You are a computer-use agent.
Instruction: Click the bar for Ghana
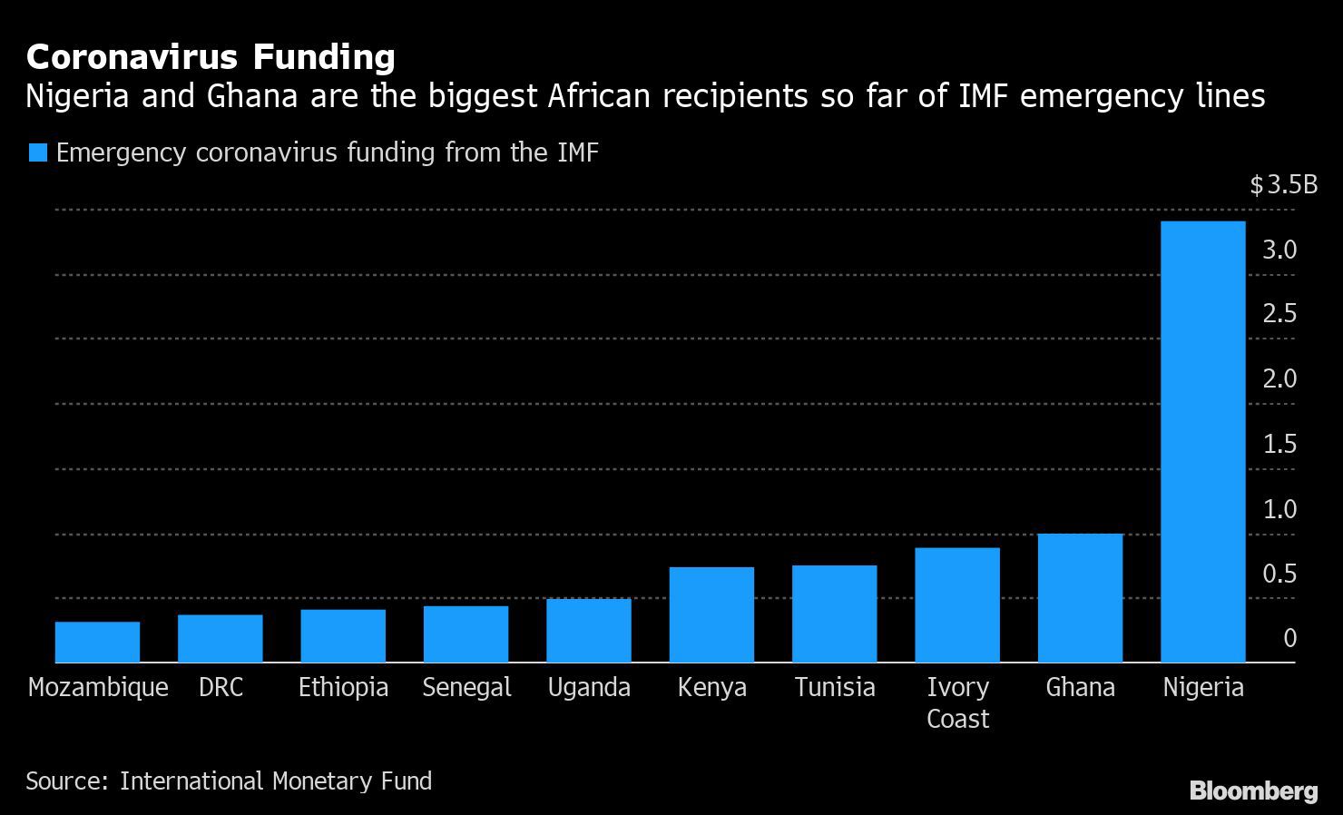pyautogui.click(x=1080, y=598)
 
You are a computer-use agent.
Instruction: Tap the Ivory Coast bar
pyautogui.click(x=957, y=605)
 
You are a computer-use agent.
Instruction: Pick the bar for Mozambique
pyautogui.click(x=97, y=643)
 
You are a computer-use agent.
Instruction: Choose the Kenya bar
pyautogui.click(x=711, y=614)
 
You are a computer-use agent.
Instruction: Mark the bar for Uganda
pyautogui.click(x=589, y=631)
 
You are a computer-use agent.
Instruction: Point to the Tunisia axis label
pyautogui.click(x=835, y=688)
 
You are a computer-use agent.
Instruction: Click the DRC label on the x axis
pyautogui.click(x=221, y=688)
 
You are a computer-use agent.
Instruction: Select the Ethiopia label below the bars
pyautogui.click(x=343, y=688)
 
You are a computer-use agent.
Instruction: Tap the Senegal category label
pyautogui.click(x=466, y=688)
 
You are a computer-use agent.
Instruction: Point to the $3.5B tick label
pyautogui.click(x=1283, y=185)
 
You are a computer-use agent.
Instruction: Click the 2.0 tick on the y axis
pyautogui.click(x=1279, y=378)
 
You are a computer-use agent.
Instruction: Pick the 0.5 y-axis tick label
pyautogui.click(x=1279, y=574)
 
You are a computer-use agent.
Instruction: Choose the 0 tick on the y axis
pyautogui.click(x=1289, y=638)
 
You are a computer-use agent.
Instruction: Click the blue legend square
pyautogui.click(x=37, y=152)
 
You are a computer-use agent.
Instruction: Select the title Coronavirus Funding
pyautogui.click(x=211, y=57)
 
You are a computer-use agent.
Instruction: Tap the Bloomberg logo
pyautogui.click(x=1253, y=790)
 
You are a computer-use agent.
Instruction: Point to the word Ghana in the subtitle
pyautogui.click(x=252, y=95)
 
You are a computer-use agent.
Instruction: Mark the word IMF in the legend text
pyautogui.click(x=574, y=152)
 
